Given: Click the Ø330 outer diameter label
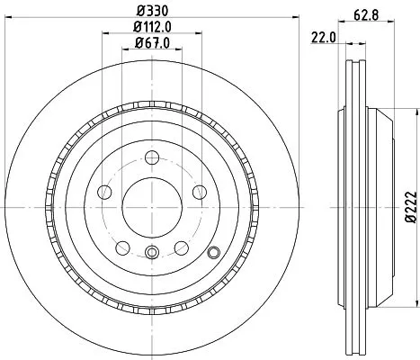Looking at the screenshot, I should click(149, 12).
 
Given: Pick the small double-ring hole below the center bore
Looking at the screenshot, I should click(151, 252).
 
